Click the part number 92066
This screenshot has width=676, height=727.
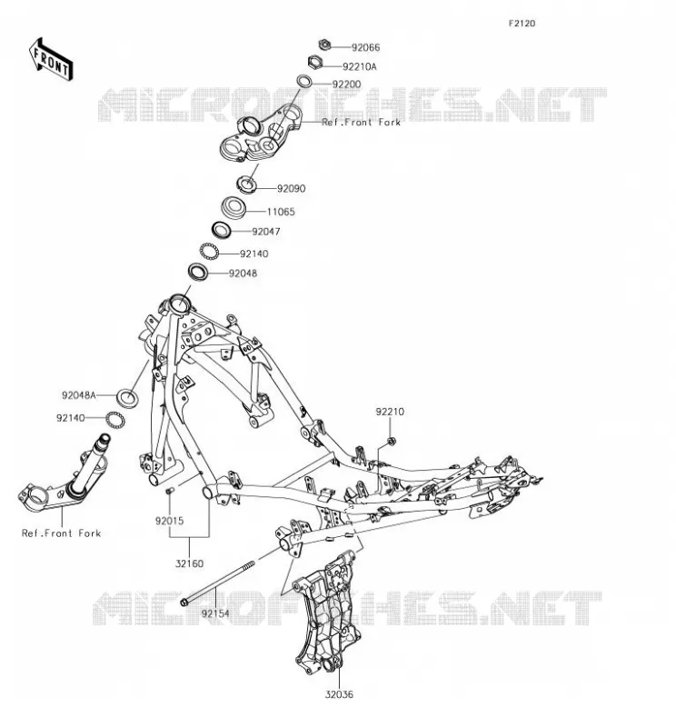point(365,47)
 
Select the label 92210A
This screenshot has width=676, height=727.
point(359,66)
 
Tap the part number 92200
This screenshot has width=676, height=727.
point(346,85)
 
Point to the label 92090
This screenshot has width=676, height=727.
point(291,189)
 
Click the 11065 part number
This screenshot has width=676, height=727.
point(281,212)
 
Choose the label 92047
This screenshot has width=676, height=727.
point(266,232)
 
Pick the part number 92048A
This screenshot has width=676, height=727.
point(79,395)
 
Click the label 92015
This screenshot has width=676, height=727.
point(169,521)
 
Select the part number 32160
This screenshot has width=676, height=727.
point(189,563)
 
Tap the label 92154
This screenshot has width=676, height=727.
point(215,614)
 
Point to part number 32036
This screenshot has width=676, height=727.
point(339,694)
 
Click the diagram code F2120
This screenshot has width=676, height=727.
point(522,24)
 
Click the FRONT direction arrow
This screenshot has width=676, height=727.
point(51,60)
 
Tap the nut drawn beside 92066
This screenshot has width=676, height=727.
point(324,45)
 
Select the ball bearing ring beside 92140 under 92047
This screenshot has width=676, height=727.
point(209,252)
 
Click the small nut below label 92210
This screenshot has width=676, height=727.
point(391,441)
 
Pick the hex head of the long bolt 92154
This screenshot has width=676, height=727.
point(184,603)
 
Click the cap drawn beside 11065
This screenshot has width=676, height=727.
point(233,207)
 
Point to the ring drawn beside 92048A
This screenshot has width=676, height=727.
point(127,398)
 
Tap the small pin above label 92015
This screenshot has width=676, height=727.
point(170,490)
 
